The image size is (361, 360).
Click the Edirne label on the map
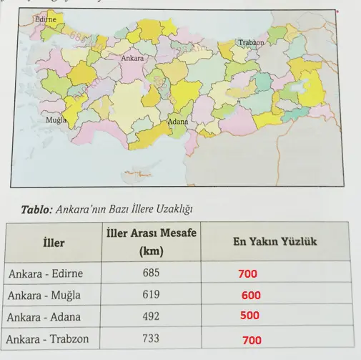[x=44, y=19]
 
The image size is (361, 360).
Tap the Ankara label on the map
[x=133, y=57]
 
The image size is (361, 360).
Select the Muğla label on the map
[x=56, y=120]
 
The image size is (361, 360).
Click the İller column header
[x=54, y=243]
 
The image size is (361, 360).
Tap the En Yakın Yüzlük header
[x=275, y=242]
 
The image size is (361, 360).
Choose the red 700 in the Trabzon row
[x=251, y=341]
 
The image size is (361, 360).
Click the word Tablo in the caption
[x=36, y=209]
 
